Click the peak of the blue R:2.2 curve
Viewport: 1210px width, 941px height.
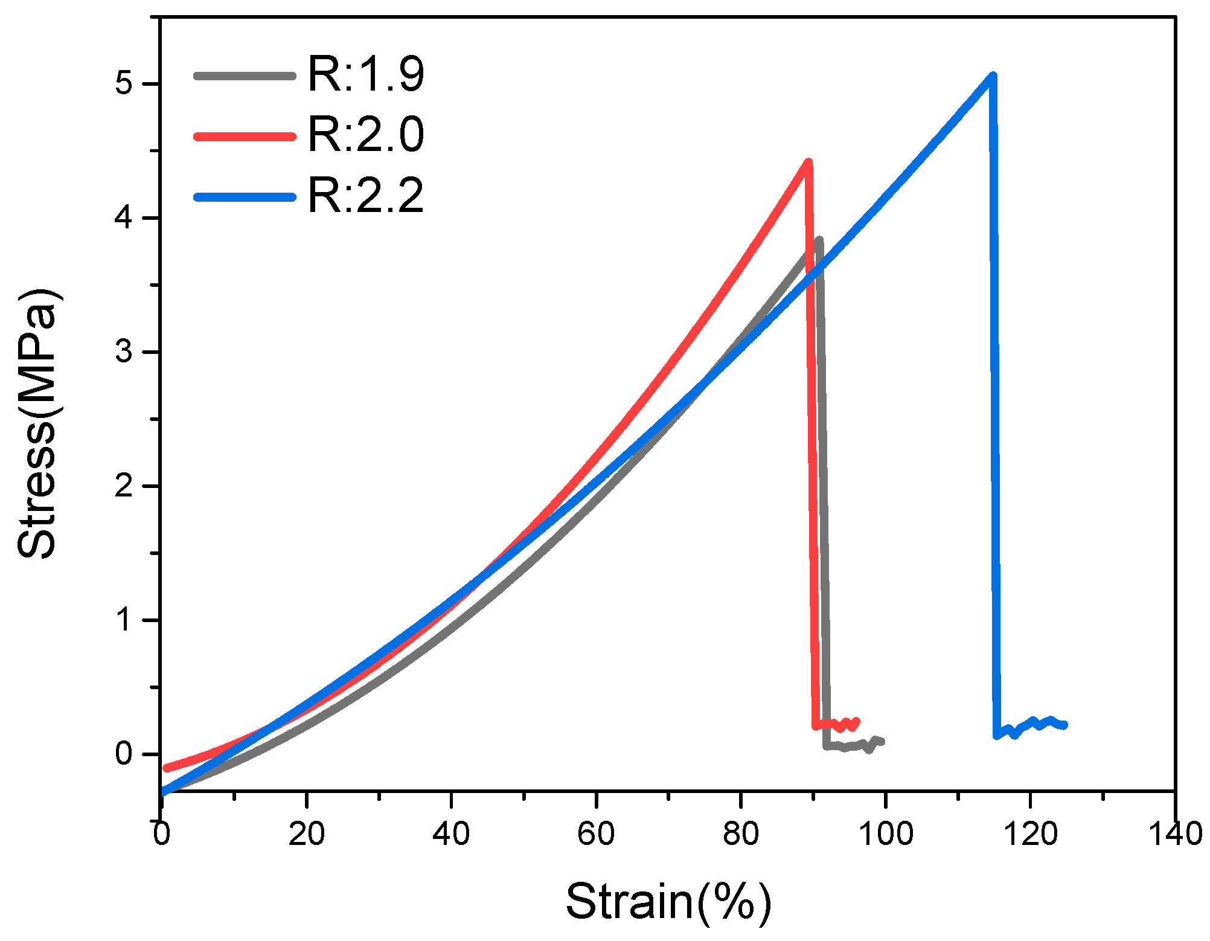[x=993, y=75]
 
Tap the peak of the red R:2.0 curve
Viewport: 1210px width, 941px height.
[x=808, y=162]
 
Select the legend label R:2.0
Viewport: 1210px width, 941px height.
[x=366, y=135]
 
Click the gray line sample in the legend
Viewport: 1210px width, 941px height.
[x=245, y=76]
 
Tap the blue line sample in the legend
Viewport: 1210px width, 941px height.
[x=245, y=197]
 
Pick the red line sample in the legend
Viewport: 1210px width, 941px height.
[x=245, y=136]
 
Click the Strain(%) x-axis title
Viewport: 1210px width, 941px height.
[x=668, y=902]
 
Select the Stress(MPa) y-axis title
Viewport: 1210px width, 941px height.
[x=37, y=424]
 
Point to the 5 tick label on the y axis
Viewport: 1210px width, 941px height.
[x=124, y=83]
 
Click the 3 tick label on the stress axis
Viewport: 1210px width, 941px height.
[x=124, y=352]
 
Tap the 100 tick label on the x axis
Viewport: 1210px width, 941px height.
[x=885, y=835]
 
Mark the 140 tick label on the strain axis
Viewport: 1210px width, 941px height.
[x=1175, y=835]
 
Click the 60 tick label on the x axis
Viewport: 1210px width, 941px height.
[x=596, y=835]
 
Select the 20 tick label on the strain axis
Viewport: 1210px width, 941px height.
[x=306, y=835]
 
